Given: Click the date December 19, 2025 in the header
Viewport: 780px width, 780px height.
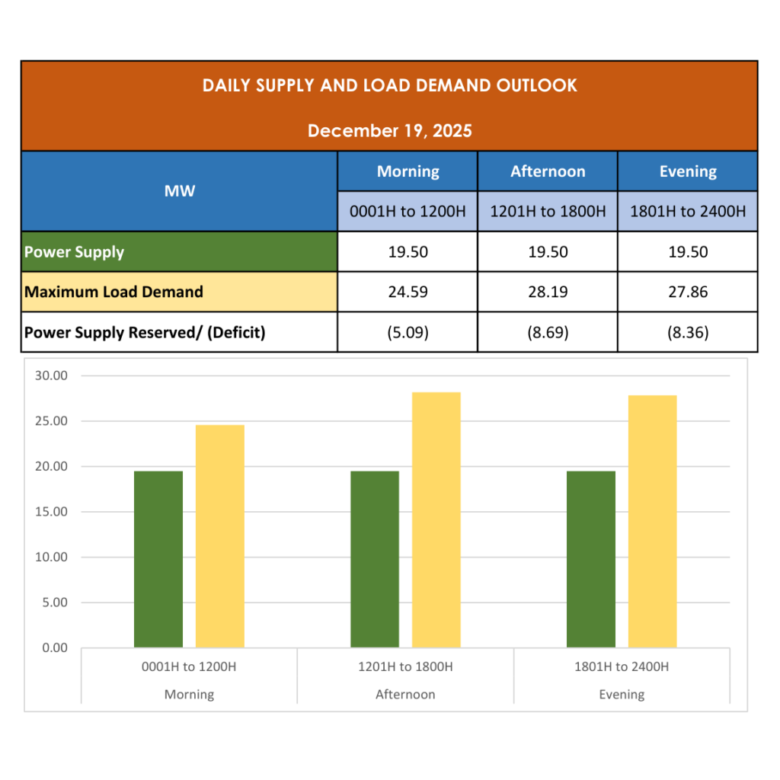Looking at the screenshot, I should pos(389,130).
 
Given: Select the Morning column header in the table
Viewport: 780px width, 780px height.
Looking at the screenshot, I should pos(408,171).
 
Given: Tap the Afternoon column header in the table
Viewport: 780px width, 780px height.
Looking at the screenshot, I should pos(548,171).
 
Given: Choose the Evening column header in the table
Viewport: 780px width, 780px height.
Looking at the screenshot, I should pos(688,171).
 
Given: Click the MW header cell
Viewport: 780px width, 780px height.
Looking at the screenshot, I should pos(179,191).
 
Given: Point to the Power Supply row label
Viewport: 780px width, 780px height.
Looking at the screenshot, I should pos(75,252).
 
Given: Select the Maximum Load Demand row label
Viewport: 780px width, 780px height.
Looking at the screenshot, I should pos(114,292).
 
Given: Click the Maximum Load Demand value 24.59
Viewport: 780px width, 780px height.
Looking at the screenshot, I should pos(408,292).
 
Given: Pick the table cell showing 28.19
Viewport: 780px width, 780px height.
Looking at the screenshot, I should pos(548,292).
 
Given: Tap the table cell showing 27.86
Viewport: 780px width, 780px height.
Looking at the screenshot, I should pos(688,292).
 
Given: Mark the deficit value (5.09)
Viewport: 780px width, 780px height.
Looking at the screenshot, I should pos(408,332).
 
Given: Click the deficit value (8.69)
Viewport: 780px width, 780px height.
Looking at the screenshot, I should pos(548,332).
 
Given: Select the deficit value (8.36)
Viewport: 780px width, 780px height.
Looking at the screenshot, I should pos(688,332).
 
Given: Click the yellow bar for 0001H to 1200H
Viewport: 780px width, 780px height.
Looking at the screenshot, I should pos(220,536).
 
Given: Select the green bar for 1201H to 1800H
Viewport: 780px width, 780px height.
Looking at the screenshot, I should pos(375,559).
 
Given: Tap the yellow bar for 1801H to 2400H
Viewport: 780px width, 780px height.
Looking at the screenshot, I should pos(652,521).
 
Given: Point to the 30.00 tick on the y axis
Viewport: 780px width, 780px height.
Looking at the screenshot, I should pos(51,376).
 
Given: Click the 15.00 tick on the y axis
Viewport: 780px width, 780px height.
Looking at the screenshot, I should pos(51,512).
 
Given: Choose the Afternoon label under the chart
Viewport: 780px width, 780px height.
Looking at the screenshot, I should pos(405,695).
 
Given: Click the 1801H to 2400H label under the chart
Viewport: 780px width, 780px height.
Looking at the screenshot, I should pos(622,667).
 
